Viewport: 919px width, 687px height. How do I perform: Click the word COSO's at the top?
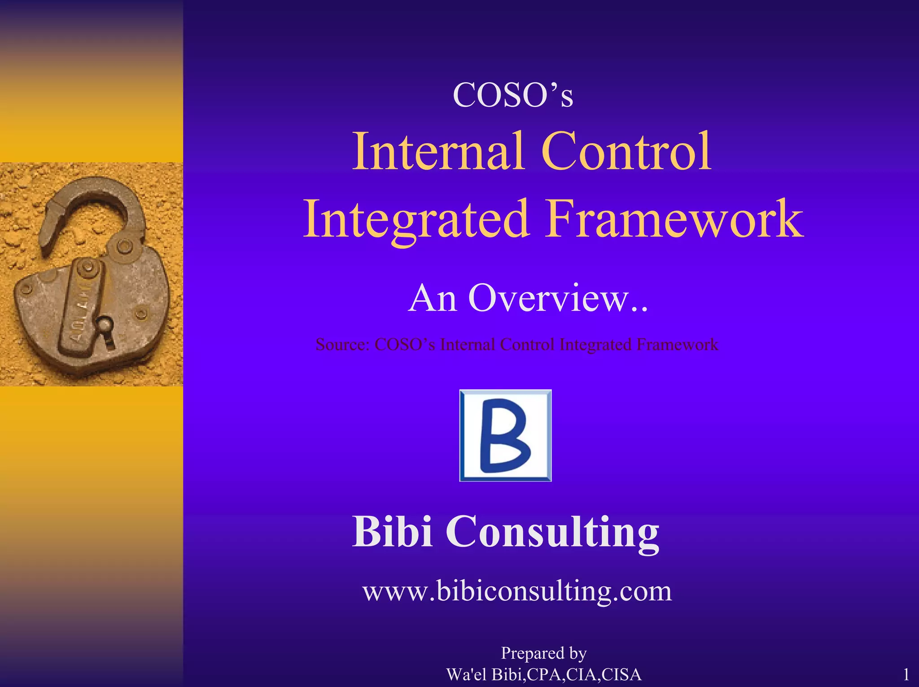[513, 95]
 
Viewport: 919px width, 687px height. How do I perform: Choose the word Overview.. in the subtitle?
[558, 298]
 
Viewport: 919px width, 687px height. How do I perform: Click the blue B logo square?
[505, 435]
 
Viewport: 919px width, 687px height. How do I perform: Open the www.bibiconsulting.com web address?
[517, 591]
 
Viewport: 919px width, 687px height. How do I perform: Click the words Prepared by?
[543, 653]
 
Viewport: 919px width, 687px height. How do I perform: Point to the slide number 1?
[906, 674]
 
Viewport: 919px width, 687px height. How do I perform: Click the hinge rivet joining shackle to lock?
[124, 247]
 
